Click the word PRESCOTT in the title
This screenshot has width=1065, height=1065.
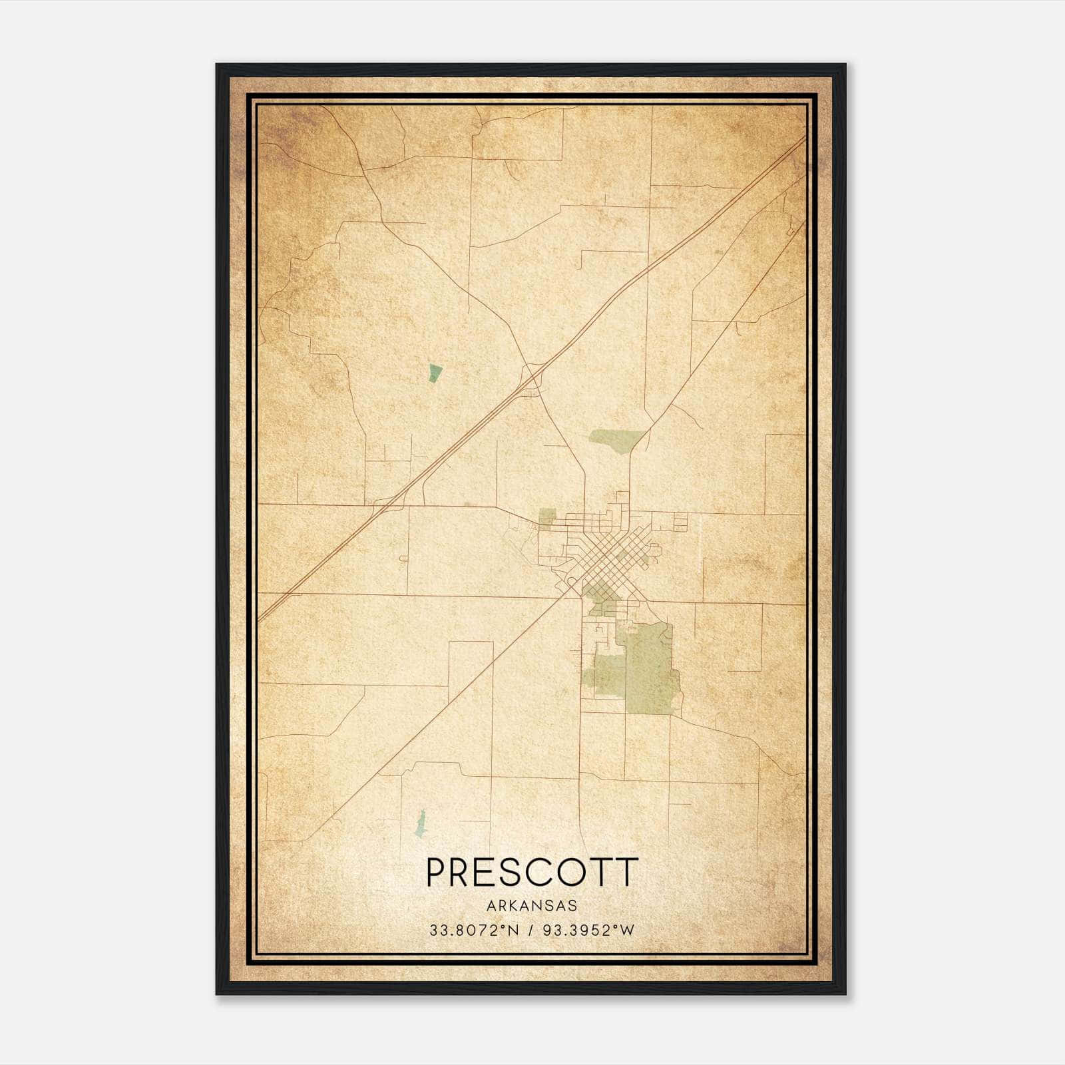point(532,873)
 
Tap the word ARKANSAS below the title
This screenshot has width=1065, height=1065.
point(532,906)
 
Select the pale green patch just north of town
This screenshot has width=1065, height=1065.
point(615,440)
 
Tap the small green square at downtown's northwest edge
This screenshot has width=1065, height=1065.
point(547,518)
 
